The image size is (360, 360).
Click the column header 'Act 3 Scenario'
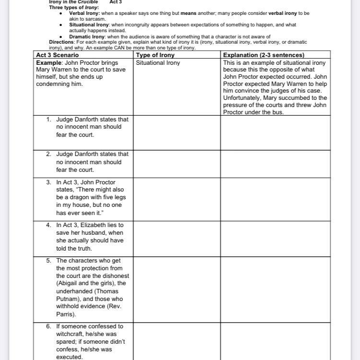tap(58, 55)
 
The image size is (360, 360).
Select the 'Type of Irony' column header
tap(155, 55)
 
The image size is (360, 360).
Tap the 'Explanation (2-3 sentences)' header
tap(264, 55)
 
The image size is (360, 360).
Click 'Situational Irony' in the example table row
tap(158, 63)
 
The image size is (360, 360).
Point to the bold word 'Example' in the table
tap(48, 63)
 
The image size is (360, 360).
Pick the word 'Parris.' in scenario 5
tap(65, 314)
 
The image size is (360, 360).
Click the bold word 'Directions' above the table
tap(61, 42)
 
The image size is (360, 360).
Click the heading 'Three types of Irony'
tap(74, 8)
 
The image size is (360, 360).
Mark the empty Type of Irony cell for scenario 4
tap(176, 238)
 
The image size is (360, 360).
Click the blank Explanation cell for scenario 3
tap(276, 198)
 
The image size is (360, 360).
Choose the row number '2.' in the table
tap(49, 154)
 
